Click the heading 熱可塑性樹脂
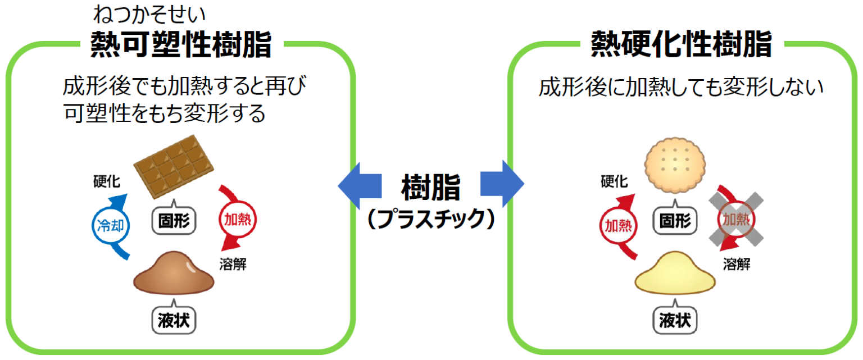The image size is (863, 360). tap(181, 44)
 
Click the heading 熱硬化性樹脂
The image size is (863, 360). tap(682, 44)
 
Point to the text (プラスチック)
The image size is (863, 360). tap(431, 220)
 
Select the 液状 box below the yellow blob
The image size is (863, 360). tap(675, 321)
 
